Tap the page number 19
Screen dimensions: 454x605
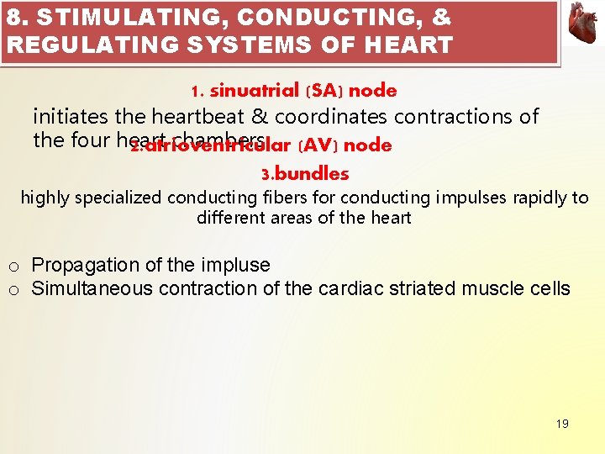click(562, 424)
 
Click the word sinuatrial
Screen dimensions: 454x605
click(255, 90)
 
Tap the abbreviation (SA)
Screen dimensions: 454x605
click(322, 90)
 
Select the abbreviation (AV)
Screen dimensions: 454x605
click(318, 145)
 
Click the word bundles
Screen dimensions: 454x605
click(311, 174)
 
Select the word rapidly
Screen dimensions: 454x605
click(531, 198)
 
